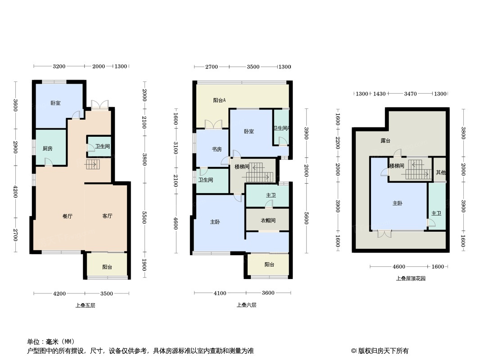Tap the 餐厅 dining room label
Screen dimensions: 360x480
pyautogui.click(x=67, y=216)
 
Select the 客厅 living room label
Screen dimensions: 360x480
pyautogui.click(x=107, y=216)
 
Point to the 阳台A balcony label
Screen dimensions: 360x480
pyautogui.click(x=219, y=100)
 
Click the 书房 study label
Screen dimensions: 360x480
pyautogui.click(x=217, y=149)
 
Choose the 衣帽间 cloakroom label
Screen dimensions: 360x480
pyautogui.click(x=267, y=220)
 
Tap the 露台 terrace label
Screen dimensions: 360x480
pyautogui.click(x=385, y=141)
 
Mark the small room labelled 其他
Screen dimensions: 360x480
pyautogui.click(x=441, y=172)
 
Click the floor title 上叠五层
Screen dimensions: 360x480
pyautogui.click(x=86, y=305)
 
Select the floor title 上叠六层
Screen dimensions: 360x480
pyautogui.click(x=246, y=305)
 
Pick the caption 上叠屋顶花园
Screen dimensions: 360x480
pyautogui.click(x=411, y=279)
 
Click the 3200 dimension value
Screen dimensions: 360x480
pyautogui.click(x=59, y=67)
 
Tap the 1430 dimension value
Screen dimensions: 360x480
pyautogui.click(x=380, y=94)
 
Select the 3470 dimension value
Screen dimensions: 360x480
pyautogui.click(x=410, y=94)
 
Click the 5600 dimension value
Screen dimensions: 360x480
pyautogui.click(x=306, y=217)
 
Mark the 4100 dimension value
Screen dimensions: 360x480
pyautogui.click(x=220, y=293)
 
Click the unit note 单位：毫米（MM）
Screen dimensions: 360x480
pyautogui.click(x=50, y=341)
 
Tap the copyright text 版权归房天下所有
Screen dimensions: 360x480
pyautogui.click(x=383, y=351)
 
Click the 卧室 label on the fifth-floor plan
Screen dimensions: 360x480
pyautogui.click(x=55, y=103)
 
